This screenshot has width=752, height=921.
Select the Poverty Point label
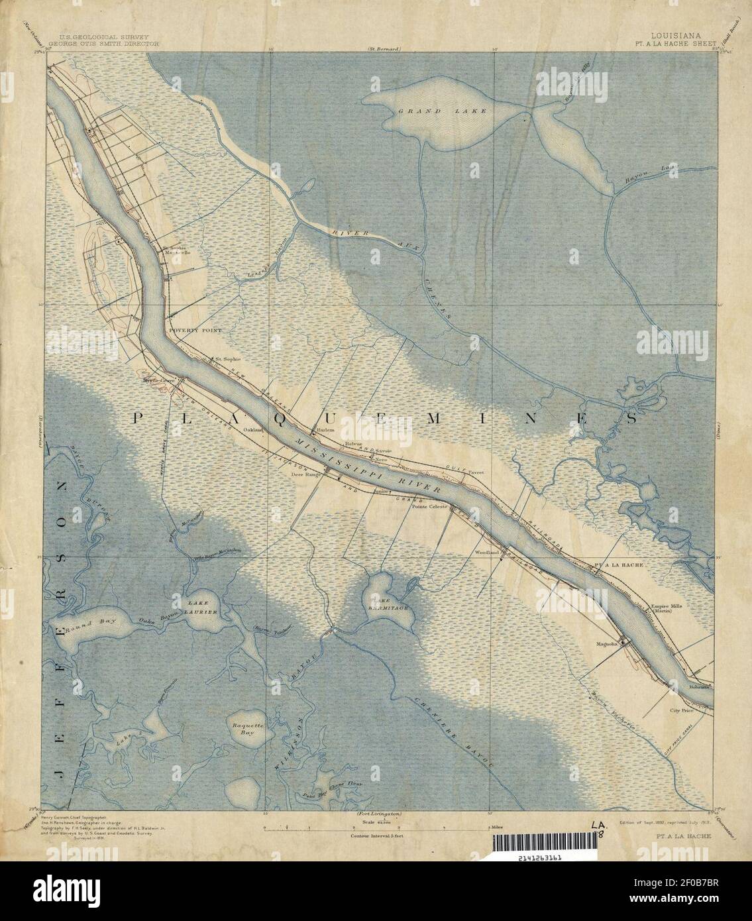tap(192, 329)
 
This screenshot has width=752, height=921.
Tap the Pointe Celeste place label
tap(430, 506)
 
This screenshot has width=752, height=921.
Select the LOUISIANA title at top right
tap(672, 37)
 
